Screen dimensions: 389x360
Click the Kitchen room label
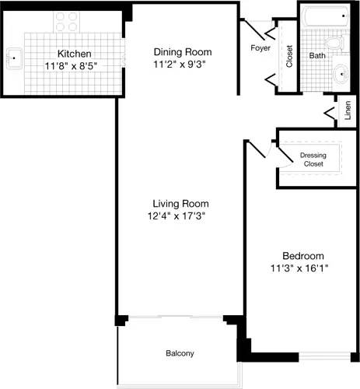(74, 54)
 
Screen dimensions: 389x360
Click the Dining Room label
(181, 52)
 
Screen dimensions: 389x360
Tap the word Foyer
(260, 48)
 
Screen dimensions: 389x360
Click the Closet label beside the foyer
(289, 56)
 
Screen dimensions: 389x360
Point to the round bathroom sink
(341, 75)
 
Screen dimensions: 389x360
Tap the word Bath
(316, 56)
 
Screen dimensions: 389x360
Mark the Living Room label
(181, 204)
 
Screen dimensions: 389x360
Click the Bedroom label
(302, 256)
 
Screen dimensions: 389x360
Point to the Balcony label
(180, 354)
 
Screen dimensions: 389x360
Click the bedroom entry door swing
(259, 149)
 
